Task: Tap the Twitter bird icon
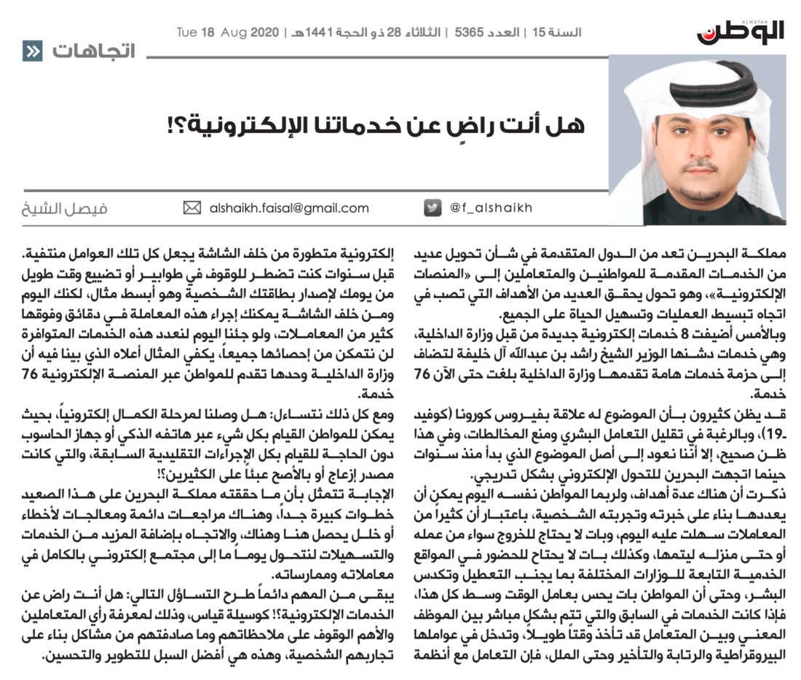(x=433, y=208)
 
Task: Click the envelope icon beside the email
(x=192, y=209)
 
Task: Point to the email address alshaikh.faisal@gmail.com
(x=288, y=209)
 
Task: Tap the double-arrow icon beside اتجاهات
(x=32, y=52)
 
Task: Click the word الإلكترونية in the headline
(x=240, y=124)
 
